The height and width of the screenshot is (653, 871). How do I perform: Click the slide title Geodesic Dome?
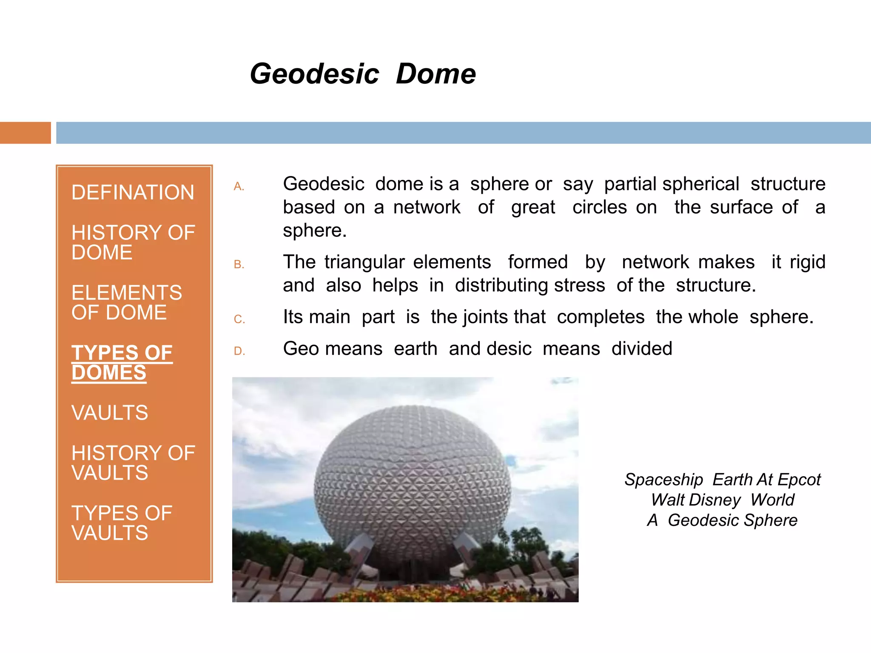pos(362,74)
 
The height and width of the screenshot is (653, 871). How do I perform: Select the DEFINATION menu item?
pos(133,193)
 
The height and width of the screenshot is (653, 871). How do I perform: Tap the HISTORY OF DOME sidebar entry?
pos(133,242)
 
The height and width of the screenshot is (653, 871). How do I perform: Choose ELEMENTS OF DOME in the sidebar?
pos(126,302)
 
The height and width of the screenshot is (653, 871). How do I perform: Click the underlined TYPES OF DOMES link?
pos(122,363)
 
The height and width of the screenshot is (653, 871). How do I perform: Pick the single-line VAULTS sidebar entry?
pos(110,413)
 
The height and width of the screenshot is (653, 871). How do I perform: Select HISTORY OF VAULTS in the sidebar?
pos(133,463)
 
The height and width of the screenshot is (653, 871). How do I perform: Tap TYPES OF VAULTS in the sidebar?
pos(122,523)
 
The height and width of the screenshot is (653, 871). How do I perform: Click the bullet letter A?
pos(239,187)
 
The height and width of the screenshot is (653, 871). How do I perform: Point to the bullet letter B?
pos(239,264)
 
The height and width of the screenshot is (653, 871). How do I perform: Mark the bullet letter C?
pos(239,319)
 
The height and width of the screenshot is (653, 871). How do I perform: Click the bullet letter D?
pos(239,351)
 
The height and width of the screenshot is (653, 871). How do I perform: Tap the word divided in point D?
pos(641,349)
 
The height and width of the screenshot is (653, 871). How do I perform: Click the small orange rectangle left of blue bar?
pos(25,133)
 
